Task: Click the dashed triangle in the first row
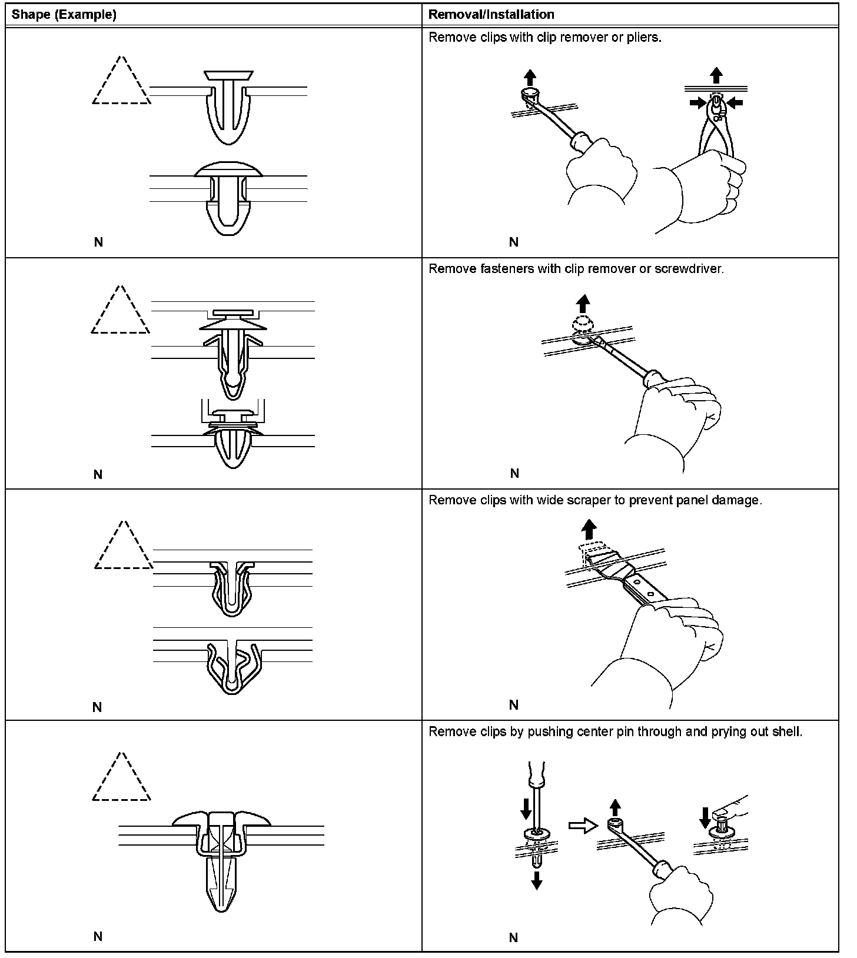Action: (121, 82)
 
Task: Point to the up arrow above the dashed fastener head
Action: (582, 304)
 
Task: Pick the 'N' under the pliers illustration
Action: (513, 242)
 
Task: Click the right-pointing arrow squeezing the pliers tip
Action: (699, 103)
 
